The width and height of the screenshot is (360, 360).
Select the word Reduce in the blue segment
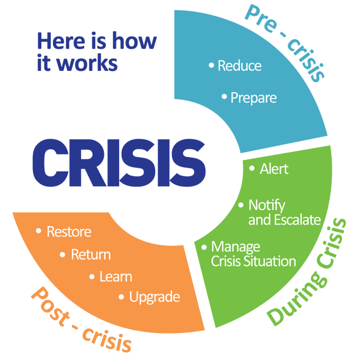click(x=239, y=66)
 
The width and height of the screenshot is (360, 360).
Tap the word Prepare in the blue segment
click(x=253, y=98)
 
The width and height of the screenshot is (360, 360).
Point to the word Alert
click(x=274, y=169)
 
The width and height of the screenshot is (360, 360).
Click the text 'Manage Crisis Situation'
click(x=253, y=254)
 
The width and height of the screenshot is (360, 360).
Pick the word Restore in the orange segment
click(x=69, y=232)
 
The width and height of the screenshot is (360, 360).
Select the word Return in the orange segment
click(x=91, y=255)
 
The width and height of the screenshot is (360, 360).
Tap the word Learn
click(x=115, y=276)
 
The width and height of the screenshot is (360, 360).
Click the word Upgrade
click(x=154, y=297)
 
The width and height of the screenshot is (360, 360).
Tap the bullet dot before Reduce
click(x=211, y=65)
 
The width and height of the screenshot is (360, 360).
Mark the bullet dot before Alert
click(x=251, y=169)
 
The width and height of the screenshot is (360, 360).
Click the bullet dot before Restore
click(x=39, y=231)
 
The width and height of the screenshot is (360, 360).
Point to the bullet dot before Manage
click(x=204, y=247)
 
